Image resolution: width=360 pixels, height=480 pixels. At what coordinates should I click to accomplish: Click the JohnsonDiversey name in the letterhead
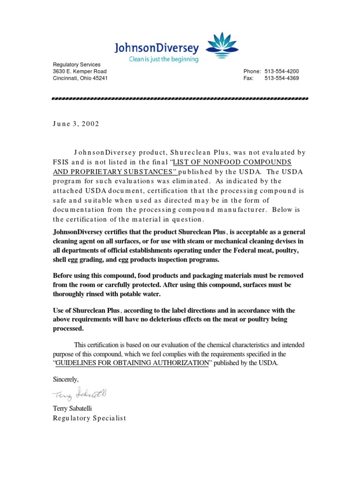point(157,48)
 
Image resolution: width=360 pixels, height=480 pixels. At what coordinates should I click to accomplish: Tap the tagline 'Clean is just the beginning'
point(164,60)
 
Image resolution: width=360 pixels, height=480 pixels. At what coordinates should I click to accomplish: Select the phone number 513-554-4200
point(282,71)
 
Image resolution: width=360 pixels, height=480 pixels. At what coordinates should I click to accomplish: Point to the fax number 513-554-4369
point(282,78)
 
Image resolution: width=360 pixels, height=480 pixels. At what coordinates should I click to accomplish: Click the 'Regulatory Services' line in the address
point(76,64)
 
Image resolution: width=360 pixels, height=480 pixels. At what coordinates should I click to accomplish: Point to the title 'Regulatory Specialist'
point(90,418)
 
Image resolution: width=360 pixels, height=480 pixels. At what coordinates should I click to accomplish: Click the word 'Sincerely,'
point(66,379)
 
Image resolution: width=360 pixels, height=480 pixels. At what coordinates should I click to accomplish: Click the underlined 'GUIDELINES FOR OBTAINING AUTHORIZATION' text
point(132,363)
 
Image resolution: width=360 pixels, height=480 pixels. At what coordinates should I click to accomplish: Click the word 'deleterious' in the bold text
point(165,319)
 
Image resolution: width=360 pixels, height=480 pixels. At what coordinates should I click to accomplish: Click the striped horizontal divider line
point(180,99)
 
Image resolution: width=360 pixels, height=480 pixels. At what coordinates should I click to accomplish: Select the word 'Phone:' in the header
point(252,71)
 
